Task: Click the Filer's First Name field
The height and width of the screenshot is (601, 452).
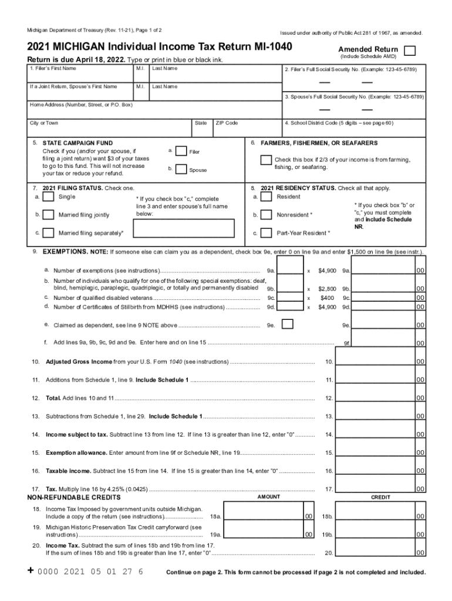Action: pos(80,76)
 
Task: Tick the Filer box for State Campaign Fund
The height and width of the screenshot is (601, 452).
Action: pos(181,151)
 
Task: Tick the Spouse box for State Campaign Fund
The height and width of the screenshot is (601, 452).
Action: pos(181,169)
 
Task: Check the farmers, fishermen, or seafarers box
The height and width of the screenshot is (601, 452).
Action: pos(266,160)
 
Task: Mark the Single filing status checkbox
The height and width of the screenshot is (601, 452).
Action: pos(49,197)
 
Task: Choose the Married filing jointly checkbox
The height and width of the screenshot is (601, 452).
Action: pos(49,215)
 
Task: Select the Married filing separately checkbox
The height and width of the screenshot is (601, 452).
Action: pos(49,233)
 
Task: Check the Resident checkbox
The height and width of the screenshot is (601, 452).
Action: pos(266,197)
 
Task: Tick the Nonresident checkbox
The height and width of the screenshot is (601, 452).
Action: pos(266,215)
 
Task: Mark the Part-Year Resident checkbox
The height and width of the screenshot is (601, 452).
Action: pos(266,233)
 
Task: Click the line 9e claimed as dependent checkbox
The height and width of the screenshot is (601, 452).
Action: pos(288,324)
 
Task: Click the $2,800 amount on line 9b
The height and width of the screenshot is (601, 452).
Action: pos(327,289)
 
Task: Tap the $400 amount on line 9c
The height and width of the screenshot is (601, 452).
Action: pos(327,298)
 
